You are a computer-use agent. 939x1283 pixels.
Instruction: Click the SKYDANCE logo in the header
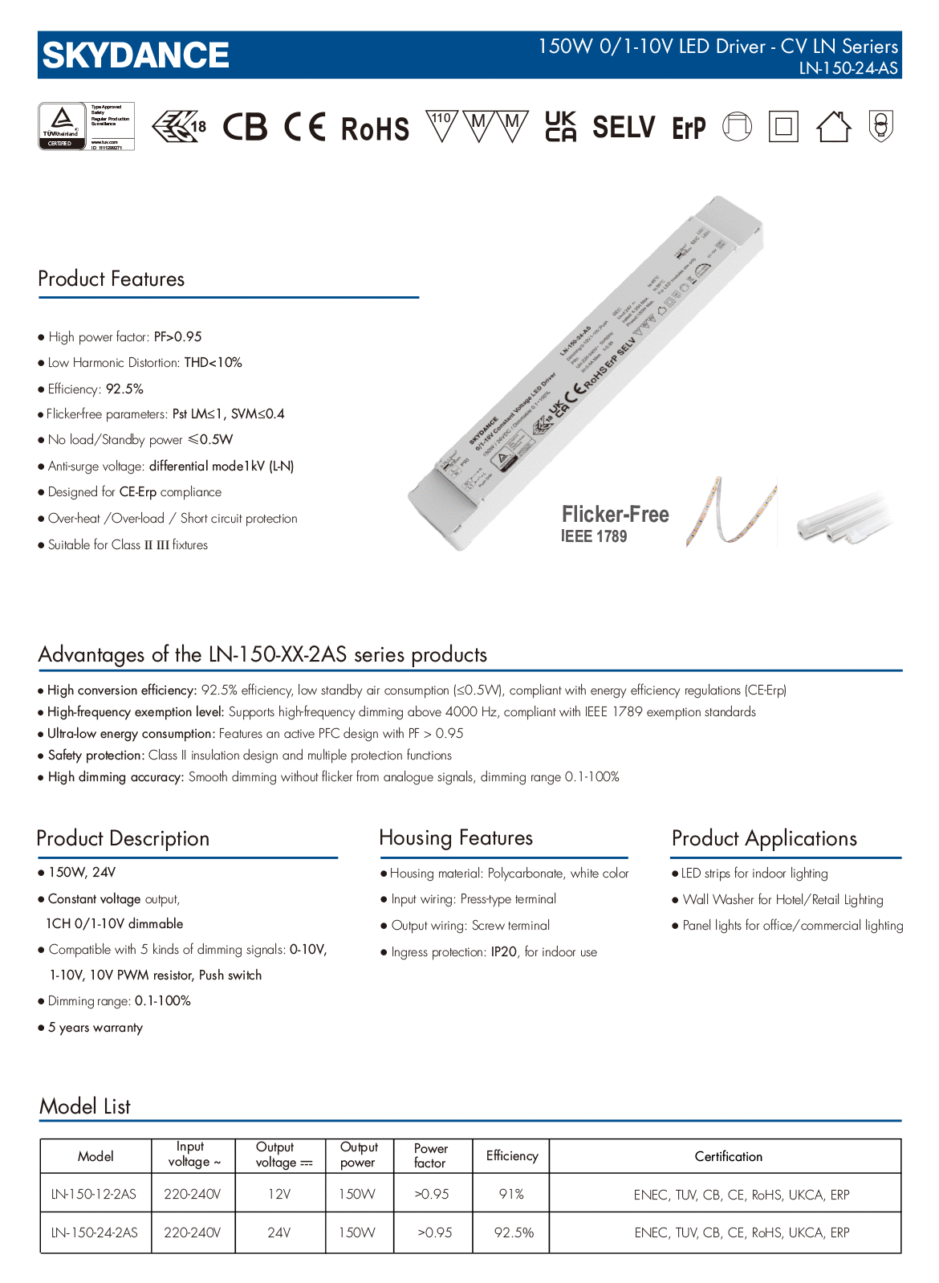(x=136, y=55)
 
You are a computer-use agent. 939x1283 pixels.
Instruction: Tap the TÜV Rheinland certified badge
(x=86, y=126)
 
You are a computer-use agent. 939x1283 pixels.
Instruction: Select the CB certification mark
(x=245, y=127)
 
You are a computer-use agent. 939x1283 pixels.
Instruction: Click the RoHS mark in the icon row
(x=375, y=128)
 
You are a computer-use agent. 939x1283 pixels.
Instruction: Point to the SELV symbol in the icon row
(x=624, y=127)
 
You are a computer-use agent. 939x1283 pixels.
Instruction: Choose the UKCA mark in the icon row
(x=560, y=127)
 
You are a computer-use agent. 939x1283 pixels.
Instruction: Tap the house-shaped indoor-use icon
(x=833, y=127)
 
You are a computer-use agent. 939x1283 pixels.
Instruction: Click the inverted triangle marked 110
(x=441, y=125)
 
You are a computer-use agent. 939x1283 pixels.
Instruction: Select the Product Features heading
(x=112, y=279)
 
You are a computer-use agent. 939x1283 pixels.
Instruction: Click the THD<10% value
(x=213, y=363)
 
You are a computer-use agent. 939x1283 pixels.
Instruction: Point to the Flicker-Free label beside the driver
(x=615, y=515)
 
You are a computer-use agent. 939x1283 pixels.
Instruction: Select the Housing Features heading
(x=456, y=838)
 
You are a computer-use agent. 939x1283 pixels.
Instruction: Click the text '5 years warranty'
(x=96, y=1028)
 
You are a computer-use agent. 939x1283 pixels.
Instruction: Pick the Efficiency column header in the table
(x=511, y=1156)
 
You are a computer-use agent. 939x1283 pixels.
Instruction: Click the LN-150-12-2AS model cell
(x=95, y=1195)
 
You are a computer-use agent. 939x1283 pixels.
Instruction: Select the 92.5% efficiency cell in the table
(x=514, y=1232)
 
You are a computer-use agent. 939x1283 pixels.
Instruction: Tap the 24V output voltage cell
(x=279, y=1232)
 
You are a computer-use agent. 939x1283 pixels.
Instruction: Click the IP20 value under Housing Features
(x=504, y=952)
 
